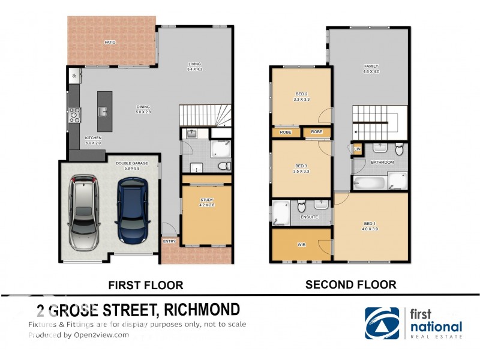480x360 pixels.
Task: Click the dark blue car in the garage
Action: (x=133, y=213)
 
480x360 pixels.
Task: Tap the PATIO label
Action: (x=110, y=42)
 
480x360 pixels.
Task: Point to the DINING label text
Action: (x=142, y=107)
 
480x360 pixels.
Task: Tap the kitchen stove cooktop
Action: (x=75, y=115)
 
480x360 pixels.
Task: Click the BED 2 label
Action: (x=301, y=94)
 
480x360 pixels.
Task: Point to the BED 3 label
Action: (x=301, y=166)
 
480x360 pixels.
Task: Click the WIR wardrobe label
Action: (x=301, y=245)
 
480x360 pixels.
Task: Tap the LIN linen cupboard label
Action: (x=357, y=148)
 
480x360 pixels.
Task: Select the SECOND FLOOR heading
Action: (x=350, y=284)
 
